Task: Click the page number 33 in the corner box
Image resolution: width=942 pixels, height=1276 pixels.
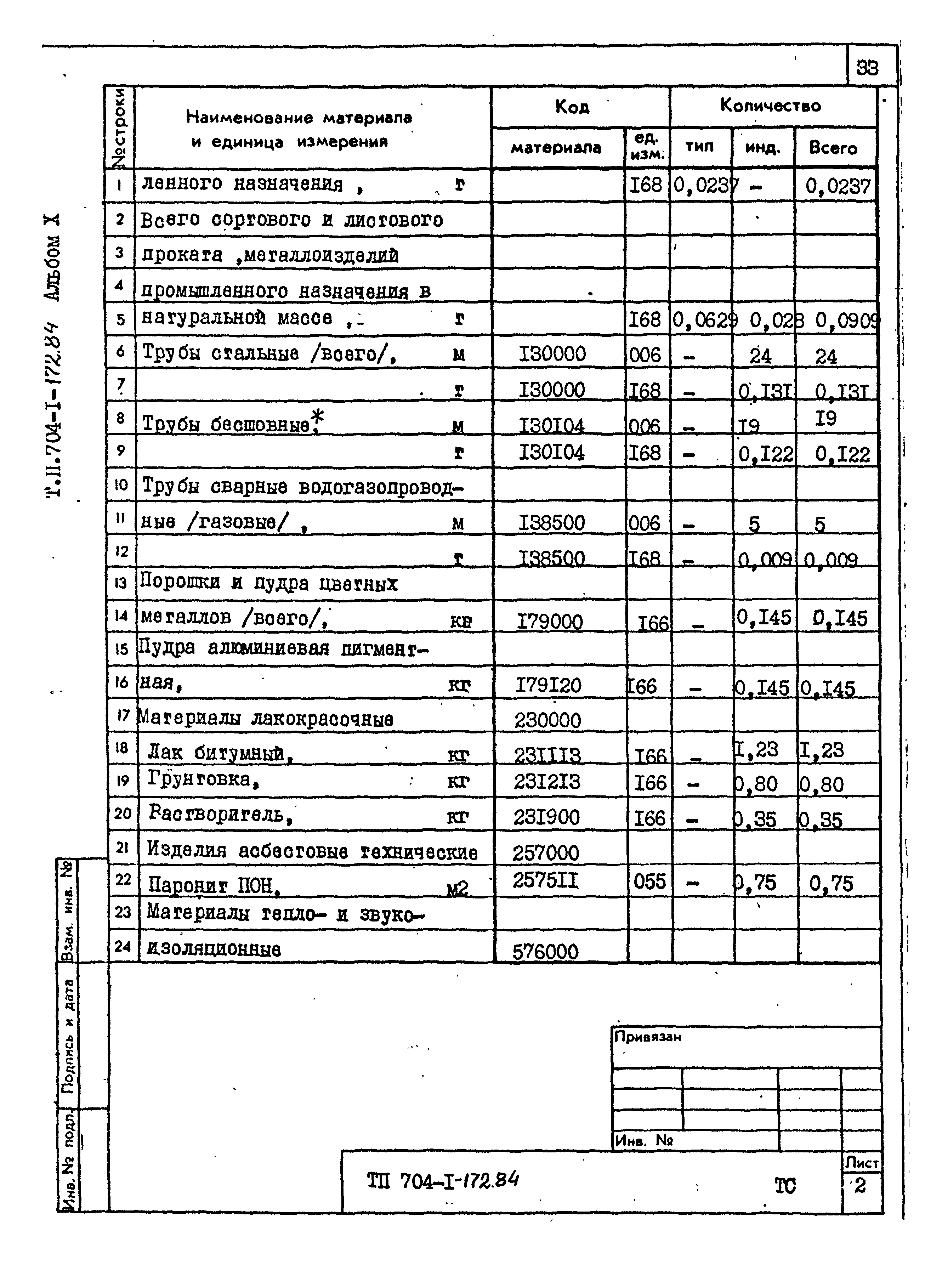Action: point(867,68)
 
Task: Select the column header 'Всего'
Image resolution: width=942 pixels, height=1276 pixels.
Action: point(833,148)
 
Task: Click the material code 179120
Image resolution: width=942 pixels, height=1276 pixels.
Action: point(548,685)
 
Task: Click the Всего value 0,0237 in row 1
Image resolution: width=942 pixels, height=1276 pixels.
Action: point(838,186)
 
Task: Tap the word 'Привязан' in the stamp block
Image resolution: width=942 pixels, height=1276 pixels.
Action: point(647,1037)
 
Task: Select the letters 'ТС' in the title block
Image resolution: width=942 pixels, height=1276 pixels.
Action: point(785,1186)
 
